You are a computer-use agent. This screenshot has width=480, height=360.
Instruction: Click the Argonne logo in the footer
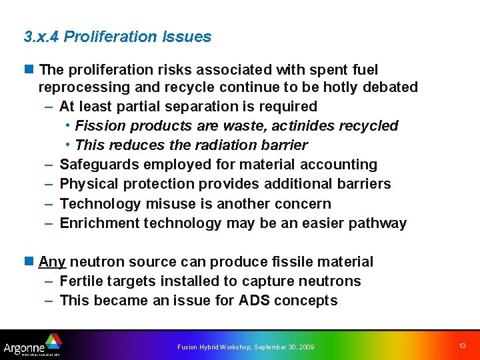[x=32, y=345]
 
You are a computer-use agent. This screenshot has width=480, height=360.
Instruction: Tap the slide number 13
[x=463, y=345]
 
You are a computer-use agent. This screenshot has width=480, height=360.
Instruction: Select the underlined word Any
[x=52, y=262]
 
